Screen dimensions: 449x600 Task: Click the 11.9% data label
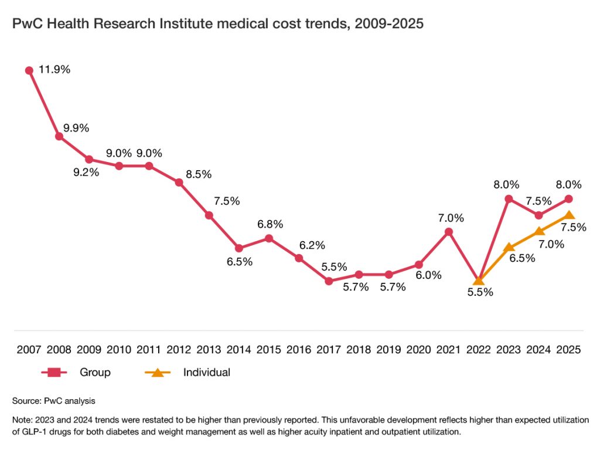tap(54, 69)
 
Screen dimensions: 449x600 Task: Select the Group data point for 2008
tap(59, 136)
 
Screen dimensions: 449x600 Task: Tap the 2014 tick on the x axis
tap(239, 349)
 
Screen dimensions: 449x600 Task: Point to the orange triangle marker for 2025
tap(569, 215)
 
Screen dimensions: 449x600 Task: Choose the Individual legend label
tap(206, 372)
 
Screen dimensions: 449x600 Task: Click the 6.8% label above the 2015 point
tap(270, 224)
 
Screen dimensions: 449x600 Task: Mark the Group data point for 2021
tap(449, 232)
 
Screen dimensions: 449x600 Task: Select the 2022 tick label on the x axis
tap(479, 349)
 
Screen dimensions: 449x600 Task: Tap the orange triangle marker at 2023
tap(509, 247)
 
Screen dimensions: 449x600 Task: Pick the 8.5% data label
tap(198, 174)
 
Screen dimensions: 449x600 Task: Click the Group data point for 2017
tap(329, 281)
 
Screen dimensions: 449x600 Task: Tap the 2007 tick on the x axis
tap(29, 349)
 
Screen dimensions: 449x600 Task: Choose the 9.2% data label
tap(86, 173)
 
